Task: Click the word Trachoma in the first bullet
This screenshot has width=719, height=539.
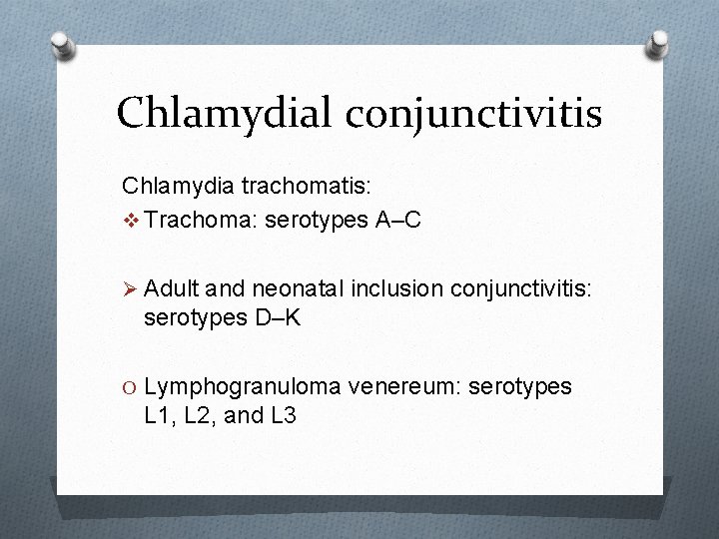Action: pos(186,220)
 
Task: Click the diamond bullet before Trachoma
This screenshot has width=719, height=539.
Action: pos(130,220)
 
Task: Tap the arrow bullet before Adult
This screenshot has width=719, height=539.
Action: pos(130,288)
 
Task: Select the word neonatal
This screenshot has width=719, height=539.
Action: pos(299,288)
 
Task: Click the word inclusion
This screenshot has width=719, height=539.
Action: pos(397,288)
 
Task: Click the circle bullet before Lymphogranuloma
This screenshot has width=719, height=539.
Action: pos(130,386)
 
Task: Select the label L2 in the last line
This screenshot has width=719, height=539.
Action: pos(200,415)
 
